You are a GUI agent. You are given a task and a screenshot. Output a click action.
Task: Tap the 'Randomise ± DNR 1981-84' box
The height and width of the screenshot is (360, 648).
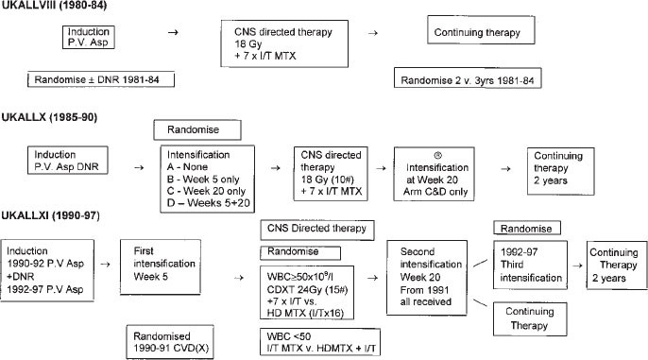pyautogui.click(x=101, y=79)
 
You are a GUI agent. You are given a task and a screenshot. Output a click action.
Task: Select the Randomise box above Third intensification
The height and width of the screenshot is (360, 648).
pyautogui.click(x=530, y=228)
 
